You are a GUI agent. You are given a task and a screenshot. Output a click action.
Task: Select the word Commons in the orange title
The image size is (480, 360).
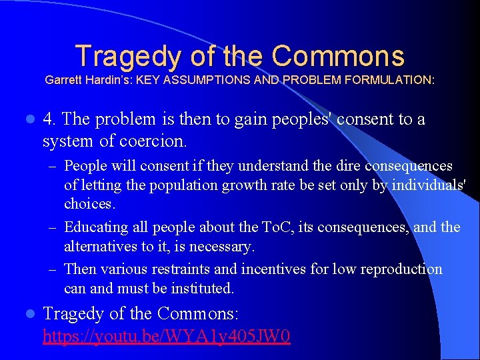[338, 56]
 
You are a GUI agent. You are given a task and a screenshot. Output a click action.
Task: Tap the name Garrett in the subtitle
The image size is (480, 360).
[64, 80]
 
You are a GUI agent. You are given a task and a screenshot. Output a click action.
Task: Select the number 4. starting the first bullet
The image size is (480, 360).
[49, 119]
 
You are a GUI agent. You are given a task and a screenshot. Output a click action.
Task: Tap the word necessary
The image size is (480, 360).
[221, 247]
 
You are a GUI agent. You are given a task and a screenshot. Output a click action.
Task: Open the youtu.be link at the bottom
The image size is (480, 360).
[166, 335]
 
